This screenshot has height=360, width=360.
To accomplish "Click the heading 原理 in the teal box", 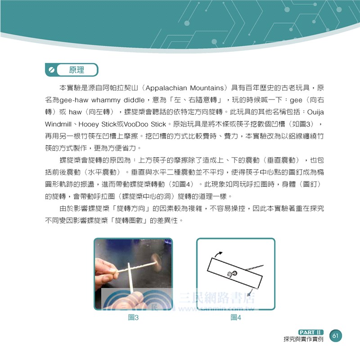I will click(x=76, y=70).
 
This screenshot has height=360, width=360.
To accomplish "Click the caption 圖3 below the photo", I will click(x=133, y=318).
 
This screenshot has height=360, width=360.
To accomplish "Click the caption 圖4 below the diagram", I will click(x=235, y=318).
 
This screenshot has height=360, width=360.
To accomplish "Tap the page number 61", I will click(x=336, y=336).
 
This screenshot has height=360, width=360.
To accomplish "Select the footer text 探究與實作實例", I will click(x=301, y=339).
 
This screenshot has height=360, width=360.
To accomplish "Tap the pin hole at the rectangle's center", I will click(x=232, y=274).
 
